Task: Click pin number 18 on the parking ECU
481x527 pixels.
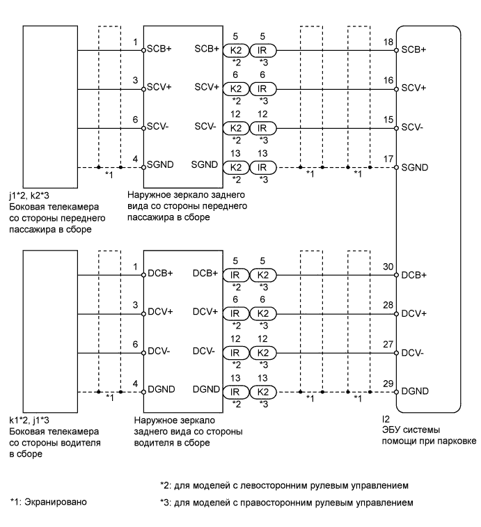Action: (x=388, y=42)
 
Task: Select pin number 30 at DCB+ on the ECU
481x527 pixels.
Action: (x=388, y=267)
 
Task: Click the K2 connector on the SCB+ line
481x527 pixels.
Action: (x=236, y=50)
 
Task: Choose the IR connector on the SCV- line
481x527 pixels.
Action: (x=262, y=128)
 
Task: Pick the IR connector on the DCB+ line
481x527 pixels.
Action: (x=236, y=275)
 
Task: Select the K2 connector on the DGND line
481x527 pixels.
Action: (x=262, y=393)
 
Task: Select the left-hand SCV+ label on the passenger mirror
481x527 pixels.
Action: (x=159, y=88)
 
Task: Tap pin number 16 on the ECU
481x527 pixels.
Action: (x=388, y=81)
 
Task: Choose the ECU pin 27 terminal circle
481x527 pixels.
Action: (x=395, y=353)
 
